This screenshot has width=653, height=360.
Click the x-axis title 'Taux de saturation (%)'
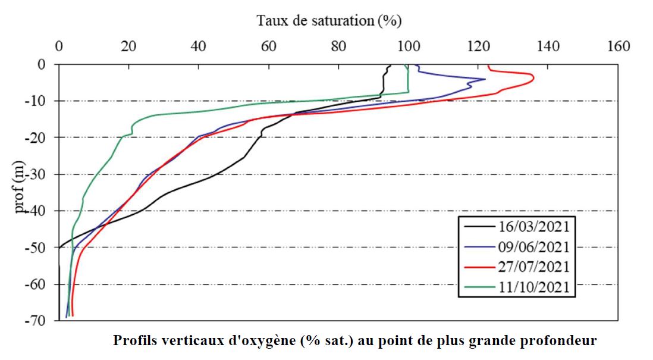[329, 20]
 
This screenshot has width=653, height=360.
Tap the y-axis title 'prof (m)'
[19, 187]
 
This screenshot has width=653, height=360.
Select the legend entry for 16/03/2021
[517, 227]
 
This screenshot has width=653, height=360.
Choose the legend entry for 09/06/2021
[517, 247]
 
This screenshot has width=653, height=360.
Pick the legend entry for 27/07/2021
[517, 267]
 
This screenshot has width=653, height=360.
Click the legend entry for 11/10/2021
[517, 287]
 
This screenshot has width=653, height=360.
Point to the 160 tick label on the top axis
[619, 46]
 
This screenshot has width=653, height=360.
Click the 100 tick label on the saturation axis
[409, 46]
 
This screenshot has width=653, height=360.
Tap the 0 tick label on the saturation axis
[59, 46]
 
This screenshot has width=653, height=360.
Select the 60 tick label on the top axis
[269, 46]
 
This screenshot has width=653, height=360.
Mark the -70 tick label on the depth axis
[35, 321]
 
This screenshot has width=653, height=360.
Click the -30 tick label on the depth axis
[35, 174]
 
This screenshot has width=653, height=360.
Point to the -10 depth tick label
[35, 101]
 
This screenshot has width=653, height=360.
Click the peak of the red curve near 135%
[534, 78]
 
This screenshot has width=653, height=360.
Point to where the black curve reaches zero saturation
[59, 248]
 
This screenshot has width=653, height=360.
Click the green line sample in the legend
[479, 287]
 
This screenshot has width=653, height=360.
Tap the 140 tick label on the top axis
[548, 46]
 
